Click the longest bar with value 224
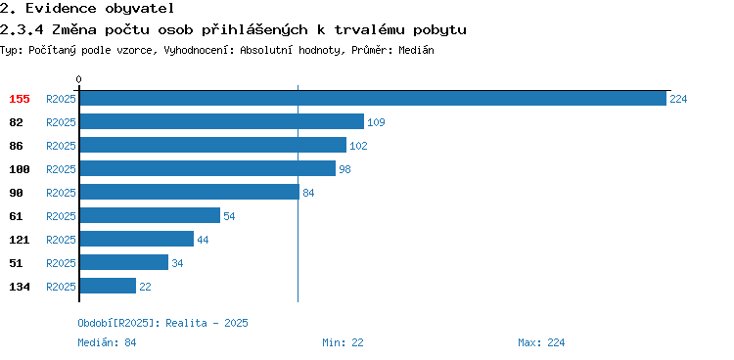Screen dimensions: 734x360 373,98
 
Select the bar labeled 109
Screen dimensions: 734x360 221,121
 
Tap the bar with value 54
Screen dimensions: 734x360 150,215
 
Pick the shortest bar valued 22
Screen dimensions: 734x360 108,286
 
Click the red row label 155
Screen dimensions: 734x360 20,99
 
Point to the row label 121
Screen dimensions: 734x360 20,240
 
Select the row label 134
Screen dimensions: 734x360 20,287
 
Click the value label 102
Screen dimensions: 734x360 358,146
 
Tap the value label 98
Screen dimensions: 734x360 344,169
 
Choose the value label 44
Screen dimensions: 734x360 203,240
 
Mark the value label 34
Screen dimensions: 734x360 177,263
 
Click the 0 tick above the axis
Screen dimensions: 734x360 78,79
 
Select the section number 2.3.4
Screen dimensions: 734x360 22,30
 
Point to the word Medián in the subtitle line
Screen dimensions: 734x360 416,50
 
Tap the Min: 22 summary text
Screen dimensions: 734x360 343,342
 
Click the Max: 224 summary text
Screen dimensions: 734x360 541,342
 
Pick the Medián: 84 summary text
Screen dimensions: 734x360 107,342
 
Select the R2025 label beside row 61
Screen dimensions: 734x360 61,216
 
